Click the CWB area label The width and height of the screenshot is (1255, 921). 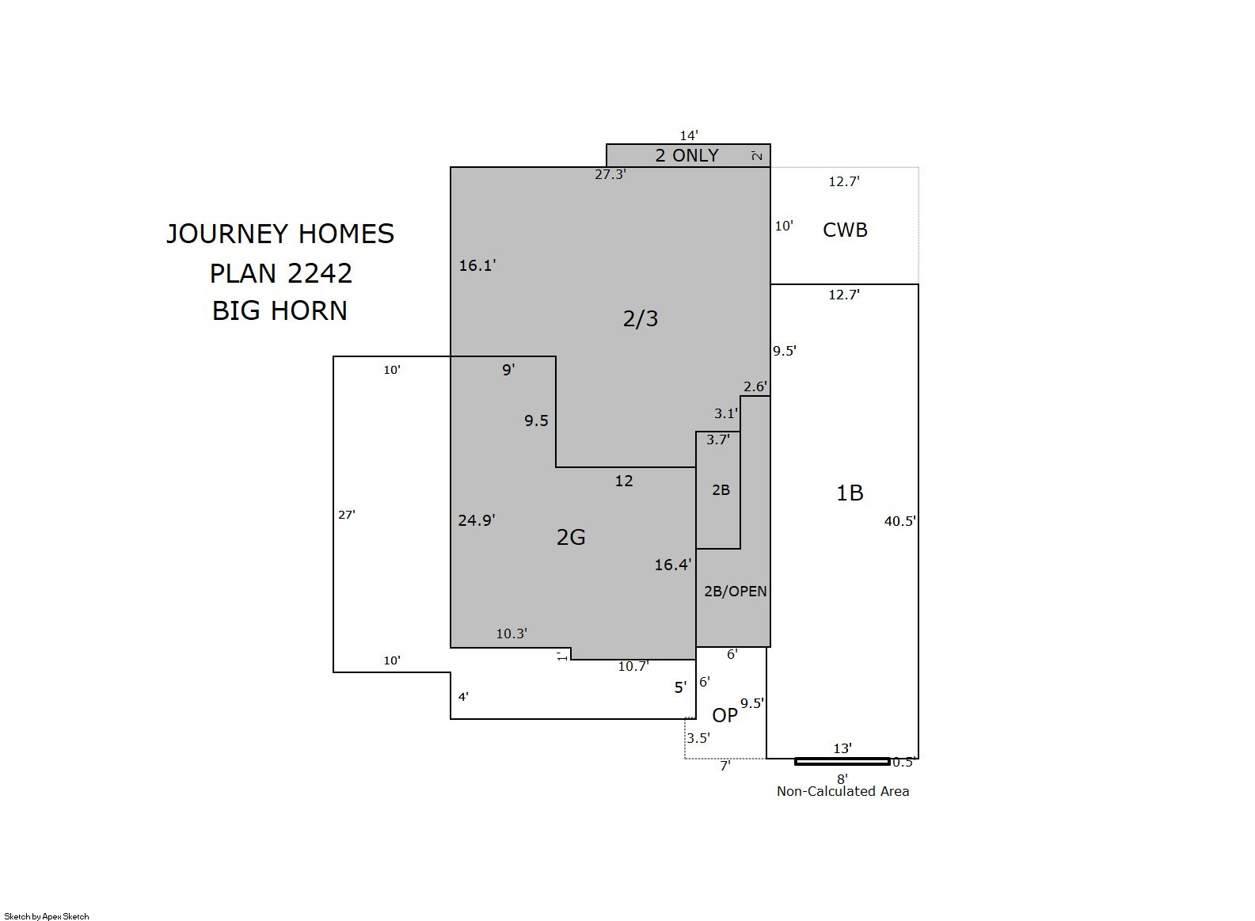coord(845,230)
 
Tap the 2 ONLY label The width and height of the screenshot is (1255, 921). coord(687,155)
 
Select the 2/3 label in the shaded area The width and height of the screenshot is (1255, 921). coord(641,319)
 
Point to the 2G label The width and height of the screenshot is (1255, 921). coord(571,537)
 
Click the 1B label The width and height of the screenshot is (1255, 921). coord(850,493)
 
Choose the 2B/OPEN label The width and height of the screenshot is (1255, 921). coord(735,591)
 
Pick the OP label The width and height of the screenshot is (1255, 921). coord(725,715)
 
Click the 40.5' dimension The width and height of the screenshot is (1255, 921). coord(899,521)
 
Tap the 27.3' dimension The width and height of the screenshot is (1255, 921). coord(610,174)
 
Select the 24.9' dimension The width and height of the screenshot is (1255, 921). coord(476,520)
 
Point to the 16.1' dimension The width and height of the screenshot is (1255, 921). coord(477,265)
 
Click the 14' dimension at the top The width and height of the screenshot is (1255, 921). coord(689,135)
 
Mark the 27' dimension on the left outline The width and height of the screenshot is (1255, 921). coord(346,514)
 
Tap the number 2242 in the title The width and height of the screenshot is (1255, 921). coord(319,273)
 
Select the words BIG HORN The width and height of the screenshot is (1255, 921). coord(280,311)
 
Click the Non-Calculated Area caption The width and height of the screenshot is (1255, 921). coord(842,792)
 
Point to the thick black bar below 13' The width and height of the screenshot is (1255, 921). coord(842,761)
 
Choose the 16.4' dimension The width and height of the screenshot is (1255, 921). coord(673,565)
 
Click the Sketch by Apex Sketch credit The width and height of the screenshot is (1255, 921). coord(47,916)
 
